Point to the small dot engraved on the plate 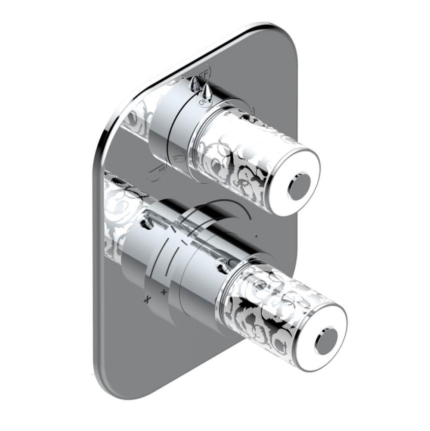257,236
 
